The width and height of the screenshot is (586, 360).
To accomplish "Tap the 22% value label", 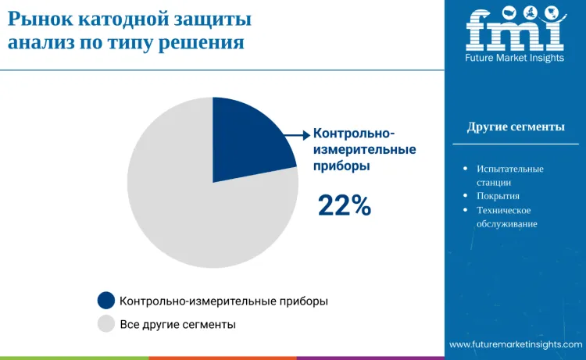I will [x=344, y=205].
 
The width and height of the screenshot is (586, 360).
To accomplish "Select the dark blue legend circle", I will [x=106, y=301].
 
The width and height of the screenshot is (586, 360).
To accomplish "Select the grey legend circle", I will [x=106, y=323].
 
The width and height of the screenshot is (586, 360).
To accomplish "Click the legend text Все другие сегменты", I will [x=178, y=323].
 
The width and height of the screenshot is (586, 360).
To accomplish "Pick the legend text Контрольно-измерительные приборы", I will [x=223, y=301].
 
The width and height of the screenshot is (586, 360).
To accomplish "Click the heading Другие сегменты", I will [x=516, y=127].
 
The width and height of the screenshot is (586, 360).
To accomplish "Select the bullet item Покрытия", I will [x=498, y=196].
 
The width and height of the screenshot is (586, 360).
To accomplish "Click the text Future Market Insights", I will [x=514, y=59].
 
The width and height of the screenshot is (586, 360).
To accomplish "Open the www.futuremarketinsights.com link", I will [x=516, y=344].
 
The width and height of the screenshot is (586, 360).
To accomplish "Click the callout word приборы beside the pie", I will [x=341, y=166].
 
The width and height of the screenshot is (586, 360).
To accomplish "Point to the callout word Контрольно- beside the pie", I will [x=354, y=133].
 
